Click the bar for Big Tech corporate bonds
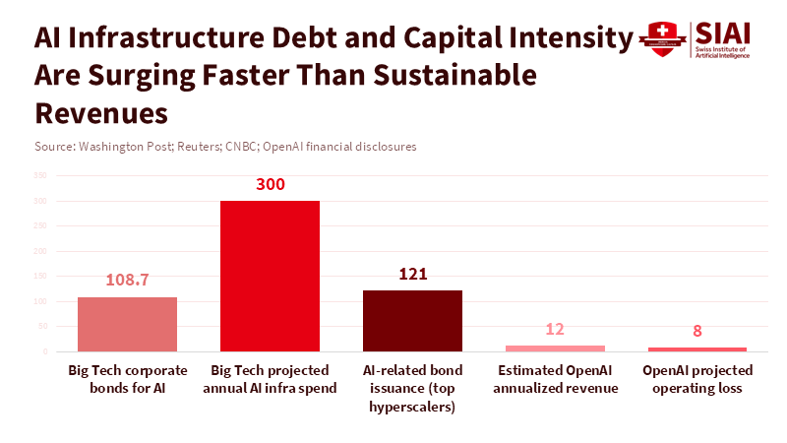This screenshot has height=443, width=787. click(127, 324)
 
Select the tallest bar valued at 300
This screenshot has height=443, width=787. click(270, 276)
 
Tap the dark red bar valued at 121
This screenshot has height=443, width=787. click(412, 321)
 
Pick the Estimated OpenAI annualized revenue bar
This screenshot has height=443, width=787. click(555, 348)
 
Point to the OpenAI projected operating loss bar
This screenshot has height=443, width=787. click(697, 349)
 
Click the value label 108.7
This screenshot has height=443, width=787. click(127, 280)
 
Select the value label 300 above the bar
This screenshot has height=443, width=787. click(270, 184)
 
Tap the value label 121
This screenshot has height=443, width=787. click(412, 274)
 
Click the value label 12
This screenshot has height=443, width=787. click(555, 329)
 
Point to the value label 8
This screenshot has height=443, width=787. click(697, 331)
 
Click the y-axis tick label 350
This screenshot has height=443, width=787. click(40, 176)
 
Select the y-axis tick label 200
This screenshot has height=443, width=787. click(40, 251)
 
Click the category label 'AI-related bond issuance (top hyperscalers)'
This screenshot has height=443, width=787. click(412, 388)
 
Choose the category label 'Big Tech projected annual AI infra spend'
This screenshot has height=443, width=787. click(270, 379)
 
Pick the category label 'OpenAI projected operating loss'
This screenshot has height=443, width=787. click(697, 379)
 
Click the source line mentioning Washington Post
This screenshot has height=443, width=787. click(225, 147)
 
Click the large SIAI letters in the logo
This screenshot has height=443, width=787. click(721, 32)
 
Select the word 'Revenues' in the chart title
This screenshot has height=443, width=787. click(101, 111)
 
